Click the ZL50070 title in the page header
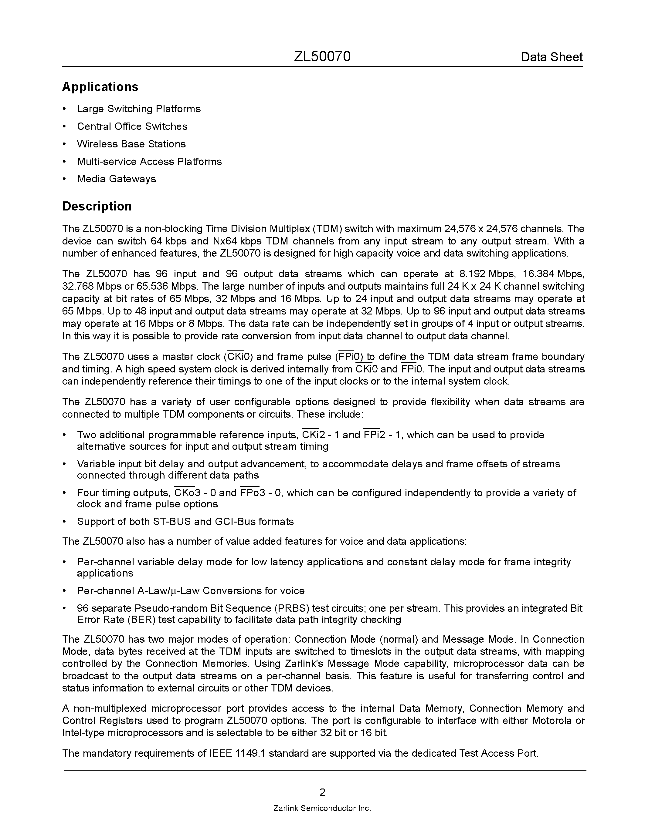tap(322, 57)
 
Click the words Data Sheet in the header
tap(552, 57)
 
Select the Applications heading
tap(100, 87)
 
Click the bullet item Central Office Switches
tap(132, 126)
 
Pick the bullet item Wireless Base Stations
tap(131, 144)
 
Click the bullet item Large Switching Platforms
tap(139, 109)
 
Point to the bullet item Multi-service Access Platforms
tap(149, 162)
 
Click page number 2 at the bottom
tap(322, 792)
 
